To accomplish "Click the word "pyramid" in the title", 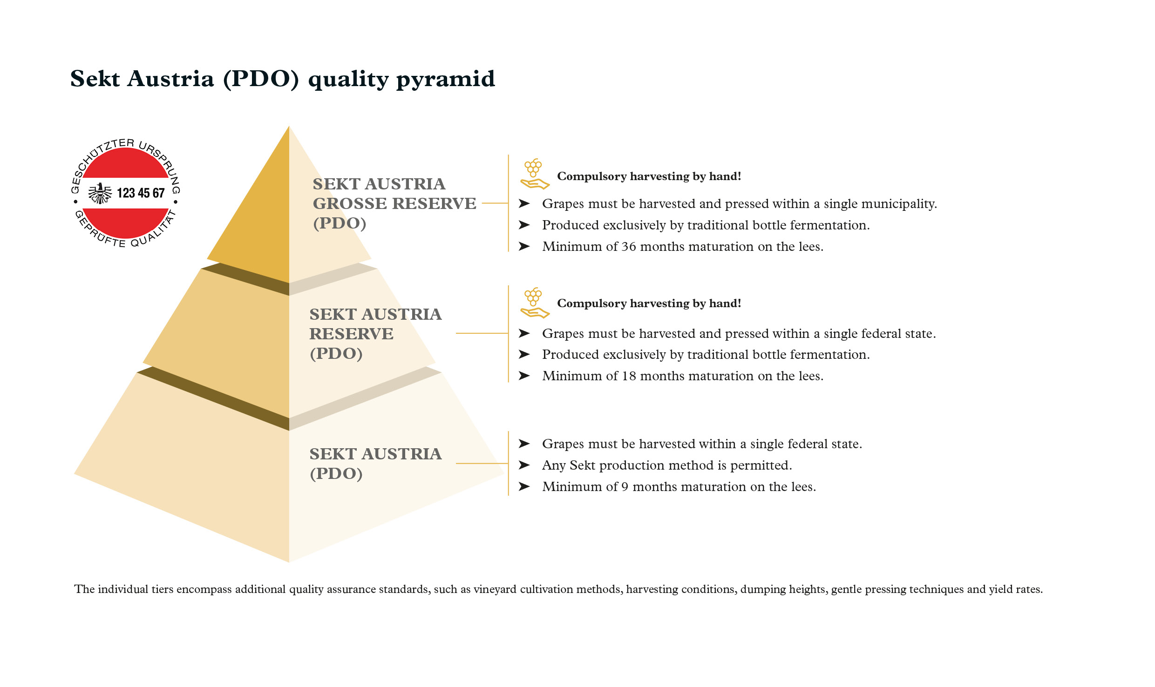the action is [x=446, y=80].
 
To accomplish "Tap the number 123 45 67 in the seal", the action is [x=141, y=193].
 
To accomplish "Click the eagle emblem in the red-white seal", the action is [x=100, y=193].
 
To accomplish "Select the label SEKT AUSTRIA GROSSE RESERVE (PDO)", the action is [x=394, y=203].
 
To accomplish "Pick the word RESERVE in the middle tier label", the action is [x=352, y=334].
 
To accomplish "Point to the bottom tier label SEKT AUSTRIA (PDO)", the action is [x=375, y=464].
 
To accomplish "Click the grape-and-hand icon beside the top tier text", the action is [x=534, y=174].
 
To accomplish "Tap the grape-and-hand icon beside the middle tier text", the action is [x=534, y=303].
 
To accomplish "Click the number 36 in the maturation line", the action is [x=629, y=247].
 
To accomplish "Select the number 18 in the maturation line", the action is [x=629, y=376].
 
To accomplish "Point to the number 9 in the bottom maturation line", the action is [x=625, y=487].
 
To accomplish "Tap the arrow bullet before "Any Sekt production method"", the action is [x=524, y=465].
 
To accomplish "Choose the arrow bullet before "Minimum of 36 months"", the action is [x=524, y=246].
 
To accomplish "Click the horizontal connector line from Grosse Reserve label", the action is [x=495, y=203].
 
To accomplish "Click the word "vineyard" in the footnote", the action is [x=495, y=590].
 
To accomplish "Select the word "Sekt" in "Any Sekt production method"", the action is [x=583, y=465].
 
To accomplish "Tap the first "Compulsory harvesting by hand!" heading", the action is [x=649, y=176].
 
